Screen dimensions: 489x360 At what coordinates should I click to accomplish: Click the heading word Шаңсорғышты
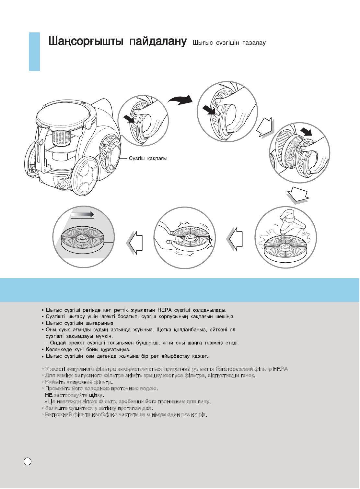pyautogui.click(x=86, y=42)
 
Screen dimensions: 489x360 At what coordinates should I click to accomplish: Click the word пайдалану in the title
pyautogui.click(x=158, y=42)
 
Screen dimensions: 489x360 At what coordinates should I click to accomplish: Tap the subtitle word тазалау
pyautogui.click(x=254, y=43)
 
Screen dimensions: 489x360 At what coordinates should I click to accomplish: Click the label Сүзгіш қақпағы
pyautogui.click(x=148, y=159)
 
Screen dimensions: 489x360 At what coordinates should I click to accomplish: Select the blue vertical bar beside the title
pyautogui.click(x=34, y=52)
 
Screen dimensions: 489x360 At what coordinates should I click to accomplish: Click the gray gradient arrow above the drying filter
pyautogui.click(x=83, y=214)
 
